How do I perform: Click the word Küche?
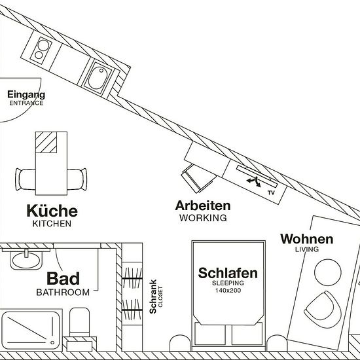(x=52, y=211)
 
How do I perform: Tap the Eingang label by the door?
(x=26, y=95)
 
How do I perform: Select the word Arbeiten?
(x=203, y=206)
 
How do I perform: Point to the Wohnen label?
(x=307, y=239)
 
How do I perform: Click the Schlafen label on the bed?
(x=228, y=273)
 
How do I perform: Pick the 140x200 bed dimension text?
(x=228, y=291)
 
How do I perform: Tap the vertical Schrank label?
(x=153, y=297)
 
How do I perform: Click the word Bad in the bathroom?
(x=63, y=278)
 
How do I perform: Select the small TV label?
(x=271, y=192)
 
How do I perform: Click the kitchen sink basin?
(x=98, y=78)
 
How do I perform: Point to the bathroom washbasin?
(x=26, y=260)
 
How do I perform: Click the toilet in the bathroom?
(x=79, y=322)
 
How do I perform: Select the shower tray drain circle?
(x=52, y=343)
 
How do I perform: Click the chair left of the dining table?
(x=26, y=179)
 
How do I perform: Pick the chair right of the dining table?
(x=77, y=179)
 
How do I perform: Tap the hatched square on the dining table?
(x=46, y=142)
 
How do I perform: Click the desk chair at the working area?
(x=198, y=179)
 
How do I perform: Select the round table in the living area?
(x=328, y=272)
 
